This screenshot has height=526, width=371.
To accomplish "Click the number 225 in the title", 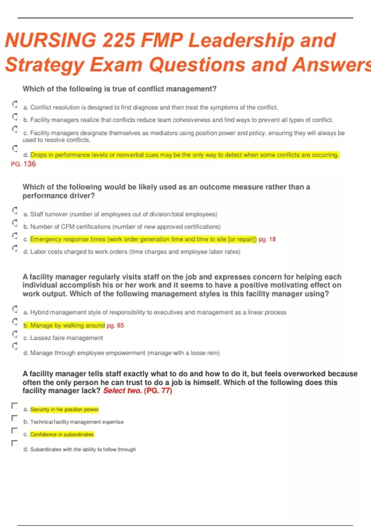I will click(x=119, y=41).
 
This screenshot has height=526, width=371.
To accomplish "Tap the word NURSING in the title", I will click(x=51, y=41).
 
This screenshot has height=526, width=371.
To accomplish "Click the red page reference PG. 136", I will click(x=23, y=164).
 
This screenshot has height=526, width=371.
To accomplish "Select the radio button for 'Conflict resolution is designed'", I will click(x=15, y=104).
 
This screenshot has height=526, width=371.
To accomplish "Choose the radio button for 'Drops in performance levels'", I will click(x=15, y=149).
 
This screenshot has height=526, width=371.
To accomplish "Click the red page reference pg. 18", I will click(x=267, y=239).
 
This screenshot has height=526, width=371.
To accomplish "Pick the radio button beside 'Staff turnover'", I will click(x=15, y=211).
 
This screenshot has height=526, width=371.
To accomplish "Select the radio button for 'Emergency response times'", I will click(x=15, y=236).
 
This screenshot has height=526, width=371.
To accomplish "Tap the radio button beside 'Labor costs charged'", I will click(x=15, y=248).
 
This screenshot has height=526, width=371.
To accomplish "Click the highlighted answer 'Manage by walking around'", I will click(x=64, y=325).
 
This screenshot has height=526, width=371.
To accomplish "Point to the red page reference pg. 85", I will click(x=115, y=325).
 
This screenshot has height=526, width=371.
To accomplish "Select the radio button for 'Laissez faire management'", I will click(x=15, y=334).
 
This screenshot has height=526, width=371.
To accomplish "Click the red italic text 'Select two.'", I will click(x=122, y=391).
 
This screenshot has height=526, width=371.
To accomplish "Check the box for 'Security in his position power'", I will click(x=15, y=406).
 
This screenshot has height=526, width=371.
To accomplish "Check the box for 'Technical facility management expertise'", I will click(x=15, y=418).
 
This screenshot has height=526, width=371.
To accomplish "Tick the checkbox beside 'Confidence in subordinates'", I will click(x=15, y=431).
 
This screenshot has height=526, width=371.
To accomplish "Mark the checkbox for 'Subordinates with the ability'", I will click(x=15, y=443).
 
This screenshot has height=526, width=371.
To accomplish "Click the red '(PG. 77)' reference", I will click(x=158, y=391).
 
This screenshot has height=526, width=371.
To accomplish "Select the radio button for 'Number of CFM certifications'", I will click(x=15, y=223).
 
